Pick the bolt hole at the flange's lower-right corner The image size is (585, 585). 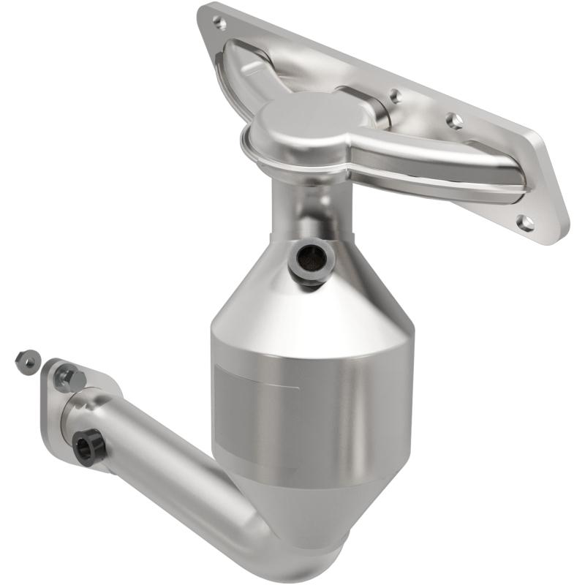[x=524, y=222]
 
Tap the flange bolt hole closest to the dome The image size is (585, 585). [x=395, y=95]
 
